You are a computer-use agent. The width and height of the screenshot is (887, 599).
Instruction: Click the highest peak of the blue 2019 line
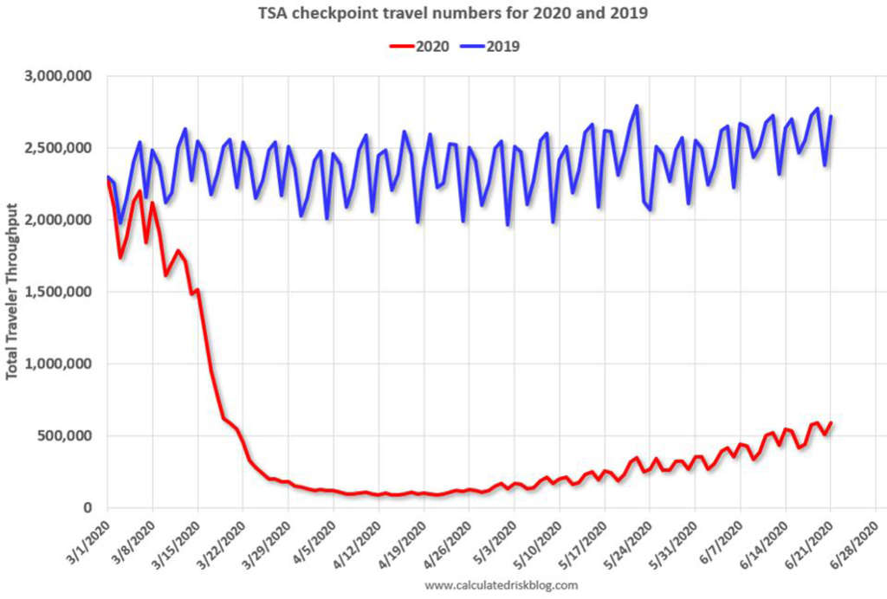[637, 106]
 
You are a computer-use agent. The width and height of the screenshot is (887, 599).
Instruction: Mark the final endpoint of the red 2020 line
[831, 423]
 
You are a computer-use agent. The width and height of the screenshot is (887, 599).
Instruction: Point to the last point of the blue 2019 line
[831, 117]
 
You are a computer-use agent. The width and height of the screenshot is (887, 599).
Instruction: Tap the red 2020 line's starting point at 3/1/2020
[107, 181]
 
